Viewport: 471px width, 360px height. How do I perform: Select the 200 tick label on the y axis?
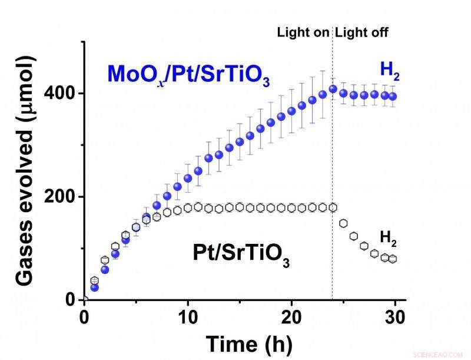(x=63, y=197)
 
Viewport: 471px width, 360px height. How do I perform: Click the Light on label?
(x=303, y=32)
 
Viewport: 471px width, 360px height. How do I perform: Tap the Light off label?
(x=361, y=32)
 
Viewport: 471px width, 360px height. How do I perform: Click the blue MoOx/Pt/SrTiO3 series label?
(x=188, y=75)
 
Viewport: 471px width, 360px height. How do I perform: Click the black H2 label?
(x=388, y=239)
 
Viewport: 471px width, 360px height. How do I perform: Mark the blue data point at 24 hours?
(x=333, y=89)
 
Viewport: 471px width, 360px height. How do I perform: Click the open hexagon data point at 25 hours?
(x=343, y=223)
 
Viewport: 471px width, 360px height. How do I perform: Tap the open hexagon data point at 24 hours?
(x=333, y=207)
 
